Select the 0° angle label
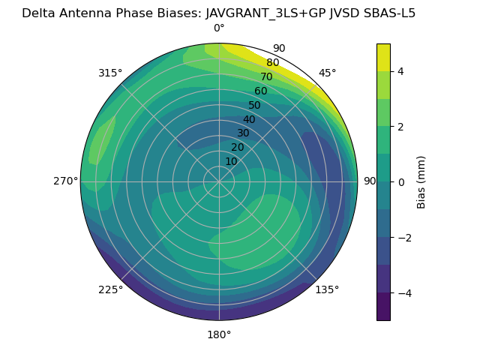(x=219, y=28)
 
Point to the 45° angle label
(x=327, y=73)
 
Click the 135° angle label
(x=327, y=289)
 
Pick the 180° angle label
(x=219, y=334)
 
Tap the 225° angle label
(x=110, y=289)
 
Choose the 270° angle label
(x=65, y=181)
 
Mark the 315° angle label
(x=110, y=73)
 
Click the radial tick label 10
(x=231, y=161)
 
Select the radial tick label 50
(x=254, y=105)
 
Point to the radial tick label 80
(x=272, y=63)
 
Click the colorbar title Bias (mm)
(x=421, y=182)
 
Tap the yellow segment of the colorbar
(x=383, y=57)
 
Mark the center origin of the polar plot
(x=219, y=181)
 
